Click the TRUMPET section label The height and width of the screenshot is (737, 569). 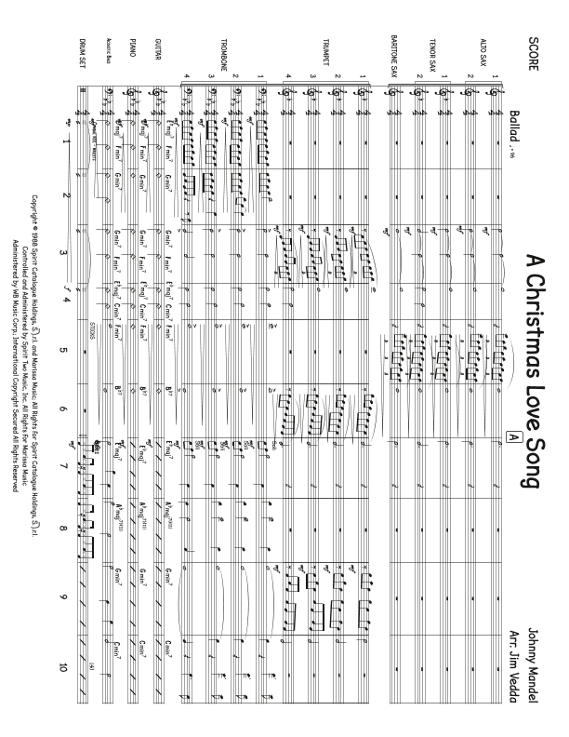[x=321, y=47]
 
